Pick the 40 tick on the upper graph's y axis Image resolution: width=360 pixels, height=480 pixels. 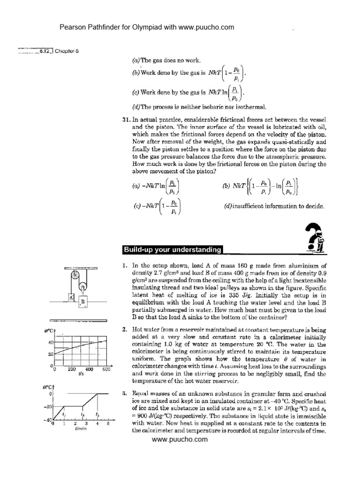click(x=51, y=343)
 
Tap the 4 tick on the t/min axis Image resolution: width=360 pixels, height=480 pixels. click(x=97, y=424)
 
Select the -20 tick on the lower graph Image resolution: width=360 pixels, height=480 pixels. click(x=49, y=406)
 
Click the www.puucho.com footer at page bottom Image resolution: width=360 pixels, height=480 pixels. click(x=180, y=439)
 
